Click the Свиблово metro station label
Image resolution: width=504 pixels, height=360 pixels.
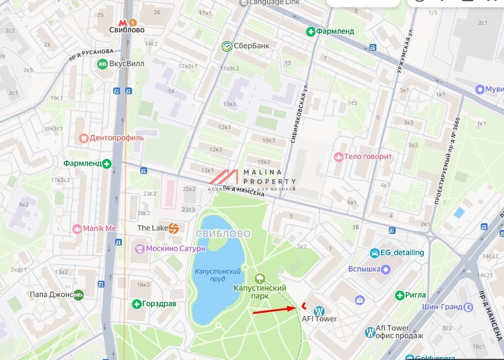click(126, 30)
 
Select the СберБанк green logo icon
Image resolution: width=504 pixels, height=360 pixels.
click(226, 46)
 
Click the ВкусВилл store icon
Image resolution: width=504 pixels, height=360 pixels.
click(103, 64)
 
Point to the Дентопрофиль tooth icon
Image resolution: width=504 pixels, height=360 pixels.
click(83, 138)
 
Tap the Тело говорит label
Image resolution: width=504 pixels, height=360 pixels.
click(368, 157)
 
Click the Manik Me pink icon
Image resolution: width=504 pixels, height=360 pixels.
click(76, 229)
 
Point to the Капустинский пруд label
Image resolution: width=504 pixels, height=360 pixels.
click(217, 275)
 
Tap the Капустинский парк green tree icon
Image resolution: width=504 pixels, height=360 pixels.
click(260, 278)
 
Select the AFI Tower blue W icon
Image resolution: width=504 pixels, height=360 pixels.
click(319, 311)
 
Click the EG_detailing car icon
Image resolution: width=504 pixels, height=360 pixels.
click(374, 253)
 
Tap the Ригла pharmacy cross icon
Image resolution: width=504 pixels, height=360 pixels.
click(400, 295)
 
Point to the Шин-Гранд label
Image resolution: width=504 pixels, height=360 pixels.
click(442, 307)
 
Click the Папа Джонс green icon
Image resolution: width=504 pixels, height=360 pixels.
click(78, 294)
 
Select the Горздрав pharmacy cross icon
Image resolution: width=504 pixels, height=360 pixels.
click(136, 304)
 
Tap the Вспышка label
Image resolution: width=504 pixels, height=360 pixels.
click(364, 269)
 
